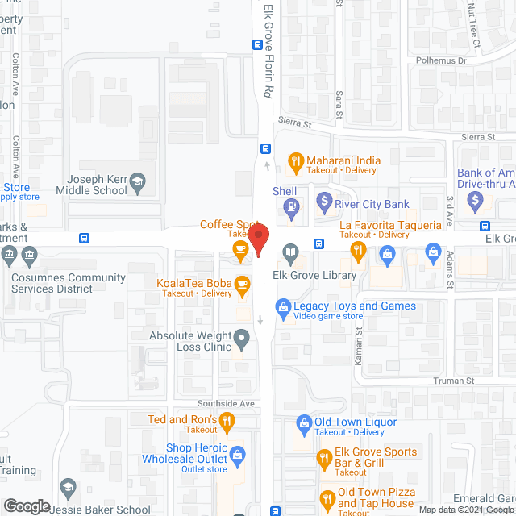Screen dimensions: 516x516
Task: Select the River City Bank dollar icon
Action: pos(324,200)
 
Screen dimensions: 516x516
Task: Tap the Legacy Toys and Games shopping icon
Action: pos(283,306)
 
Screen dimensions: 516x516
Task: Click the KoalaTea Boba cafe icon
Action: pos(241,284)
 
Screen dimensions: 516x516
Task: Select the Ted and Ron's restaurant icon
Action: pos(228,420)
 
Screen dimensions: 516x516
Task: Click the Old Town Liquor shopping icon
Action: pos(304,422)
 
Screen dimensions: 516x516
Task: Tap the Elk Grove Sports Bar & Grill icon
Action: pos(324,458)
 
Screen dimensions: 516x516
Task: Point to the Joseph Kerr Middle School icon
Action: pos(138,181)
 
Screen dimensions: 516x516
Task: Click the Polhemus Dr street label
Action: pos(441,60)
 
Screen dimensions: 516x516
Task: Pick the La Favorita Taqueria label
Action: pos(390,225)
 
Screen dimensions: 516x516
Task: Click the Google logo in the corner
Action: pos(27,506)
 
